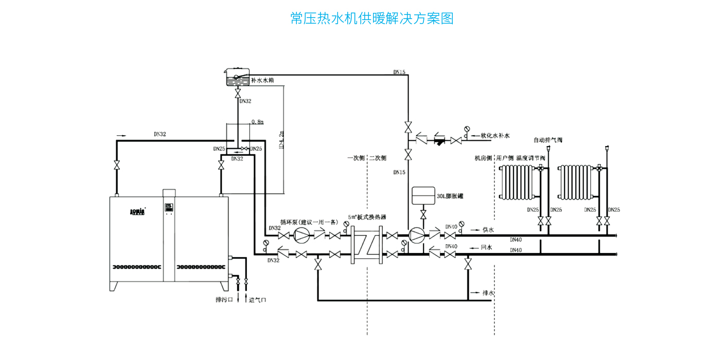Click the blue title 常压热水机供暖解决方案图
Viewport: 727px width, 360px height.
371,19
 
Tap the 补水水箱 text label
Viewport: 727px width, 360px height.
262,80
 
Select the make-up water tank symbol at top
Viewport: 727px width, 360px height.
237,77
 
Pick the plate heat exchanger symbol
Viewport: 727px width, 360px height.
366,245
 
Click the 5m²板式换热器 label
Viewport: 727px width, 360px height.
367,218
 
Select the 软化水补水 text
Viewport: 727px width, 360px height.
495,136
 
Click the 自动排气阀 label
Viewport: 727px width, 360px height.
548,140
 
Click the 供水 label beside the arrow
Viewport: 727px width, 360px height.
487,230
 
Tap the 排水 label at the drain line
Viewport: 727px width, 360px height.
488,293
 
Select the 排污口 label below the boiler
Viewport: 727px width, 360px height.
224,300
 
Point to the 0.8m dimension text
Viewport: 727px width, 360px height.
257,122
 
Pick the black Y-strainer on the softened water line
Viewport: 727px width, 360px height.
439,139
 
